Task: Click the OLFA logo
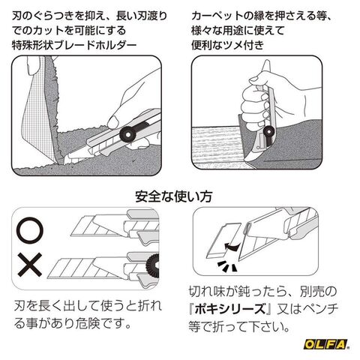[325, 344]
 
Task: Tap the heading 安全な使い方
[173, 196]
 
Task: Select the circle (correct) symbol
[30, 230]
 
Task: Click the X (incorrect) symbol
[30, 265]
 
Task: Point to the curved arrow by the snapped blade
[232, 247]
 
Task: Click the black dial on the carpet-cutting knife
[128, 135]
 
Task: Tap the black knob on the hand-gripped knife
[269, 130]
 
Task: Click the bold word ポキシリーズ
[229, 309]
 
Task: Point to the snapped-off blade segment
[223, 241]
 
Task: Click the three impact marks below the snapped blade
[226, 266]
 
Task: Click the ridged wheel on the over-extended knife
[152, 265]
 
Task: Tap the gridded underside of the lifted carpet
[37, 110]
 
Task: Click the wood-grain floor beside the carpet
[216, 145]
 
